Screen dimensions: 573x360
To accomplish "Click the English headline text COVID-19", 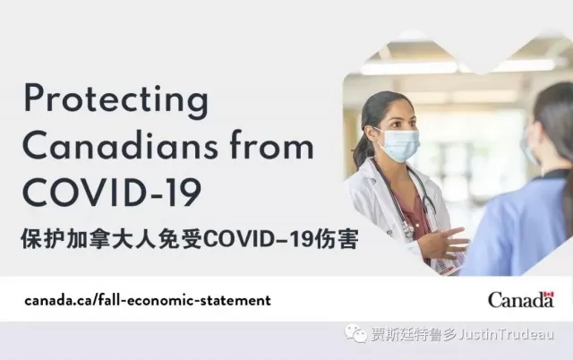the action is click(x=112, y=193).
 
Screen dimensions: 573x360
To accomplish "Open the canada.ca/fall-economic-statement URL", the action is click(x=148, y=300).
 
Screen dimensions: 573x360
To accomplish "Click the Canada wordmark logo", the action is click(x=521, y=299).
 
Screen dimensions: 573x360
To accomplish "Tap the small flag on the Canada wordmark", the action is click(x=549, y=295).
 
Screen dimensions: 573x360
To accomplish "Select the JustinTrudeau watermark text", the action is click(x=505, y=334).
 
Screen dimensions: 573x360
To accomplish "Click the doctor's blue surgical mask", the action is click(x=398, y=145).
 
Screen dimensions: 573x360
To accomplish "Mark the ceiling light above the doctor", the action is click(x=408, y=68).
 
